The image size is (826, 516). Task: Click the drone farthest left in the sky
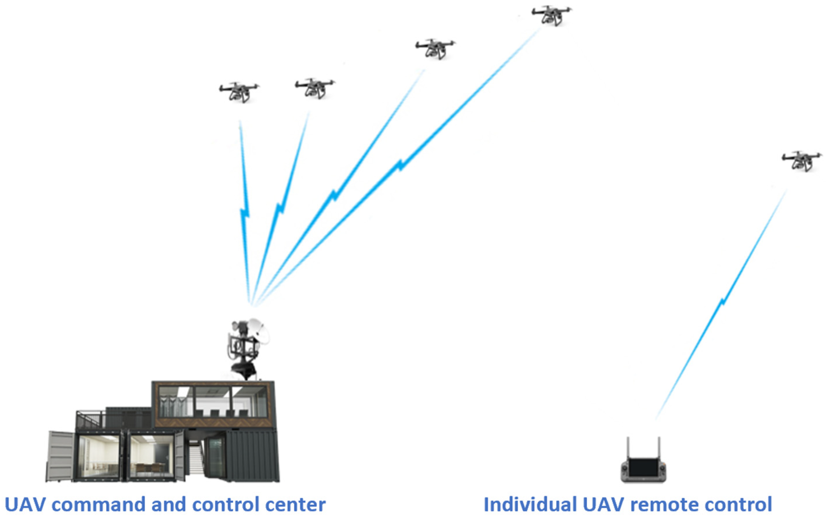239,92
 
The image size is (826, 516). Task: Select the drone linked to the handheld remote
801,161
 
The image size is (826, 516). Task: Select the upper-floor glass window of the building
213,402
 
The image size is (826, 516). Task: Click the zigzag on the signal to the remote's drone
723,302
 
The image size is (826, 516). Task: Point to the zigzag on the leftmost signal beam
245,213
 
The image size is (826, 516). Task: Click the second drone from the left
314,88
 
